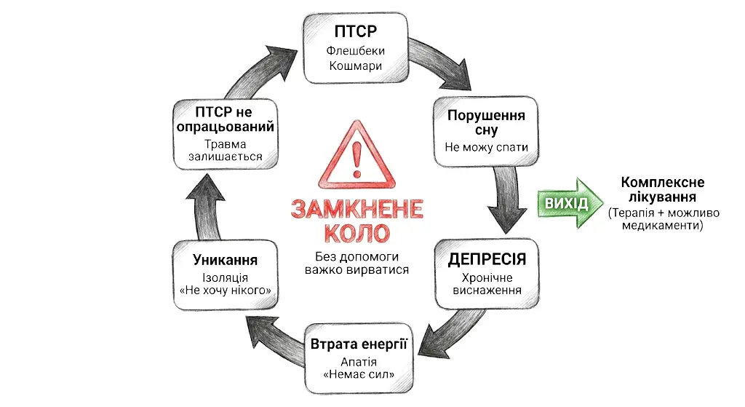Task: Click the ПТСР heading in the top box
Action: click(x=356, y=32)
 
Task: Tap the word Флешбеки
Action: click(x=356, y=52)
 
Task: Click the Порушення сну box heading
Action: click(x=486, y=122)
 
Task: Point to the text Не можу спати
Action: click(x=486, y=147)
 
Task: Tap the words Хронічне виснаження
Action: click(x=487, y=284)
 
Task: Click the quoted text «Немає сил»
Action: click(x=358, y=375)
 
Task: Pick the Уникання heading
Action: click(x=226, y=260)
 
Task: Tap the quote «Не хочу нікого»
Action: click(x=226, y=291)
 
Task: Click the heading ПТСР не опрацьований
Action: click(x=225, y=119)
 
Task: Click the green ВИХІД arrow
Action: click(x=570, y=198)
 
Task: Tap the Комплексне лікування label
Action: click(x=662, y=190)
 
